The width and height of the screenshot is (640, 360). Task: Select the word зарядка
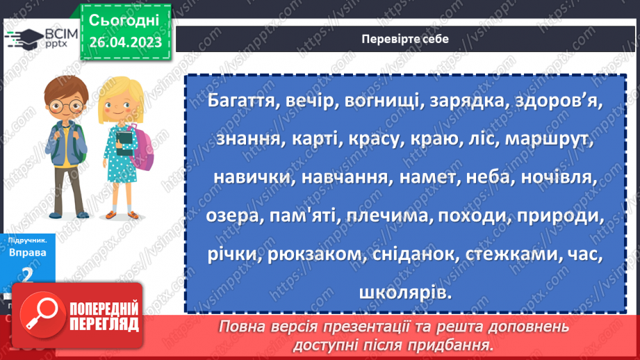464,101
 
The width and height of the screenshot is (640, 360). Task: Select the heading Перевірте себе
405,39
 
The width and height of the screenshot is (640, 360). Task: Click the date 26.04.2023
125,42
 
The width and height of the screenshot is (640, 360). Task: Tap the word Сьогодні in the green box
124,19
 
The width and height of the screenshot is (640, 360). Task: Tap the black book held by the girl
124,142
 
